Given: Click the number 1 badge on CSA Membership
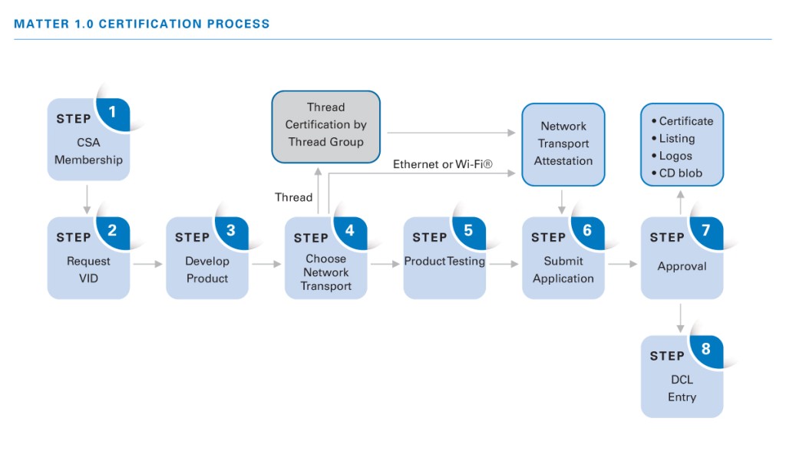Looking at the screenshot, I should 113,112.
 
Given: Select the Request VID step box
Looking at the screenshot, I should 88,261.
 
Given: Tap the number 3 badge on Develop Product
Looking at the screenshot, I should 231,230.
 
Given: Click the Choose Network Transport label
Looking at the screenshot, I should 325,272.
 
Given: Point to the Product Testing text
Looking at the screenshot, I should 444,261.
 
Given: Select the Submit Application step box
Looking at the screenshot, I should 563,261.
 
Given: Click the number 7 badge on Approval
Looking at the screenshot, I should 705,230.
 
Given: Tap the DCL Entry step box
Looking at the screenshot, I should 682,380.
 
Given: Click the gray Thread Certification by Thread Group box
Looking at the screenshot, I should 326,126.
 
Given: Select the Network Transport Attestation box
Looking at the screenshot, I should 563,144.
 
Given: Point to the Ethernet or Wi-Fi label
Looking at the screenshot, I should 442,164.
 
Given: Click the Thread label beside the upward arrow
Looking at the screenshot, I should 293,197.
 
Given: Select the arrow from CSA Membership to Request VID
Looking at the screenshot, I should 88,199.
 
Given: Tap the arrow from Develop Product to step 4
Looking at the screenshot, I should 266,264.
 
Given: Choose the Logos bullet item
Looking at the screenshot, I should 675,156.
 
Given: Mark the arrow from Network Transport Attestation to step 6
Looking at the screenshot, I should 563,201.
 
